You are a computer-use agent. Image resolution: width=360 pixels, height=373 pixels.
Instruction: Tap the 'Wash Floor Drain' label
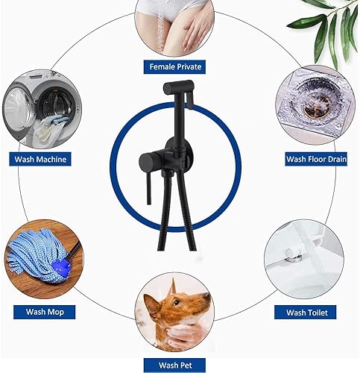(317, 159)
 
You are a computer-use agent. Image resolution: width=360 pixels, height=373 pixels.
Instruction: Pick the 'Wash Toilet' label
(306, 311)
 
